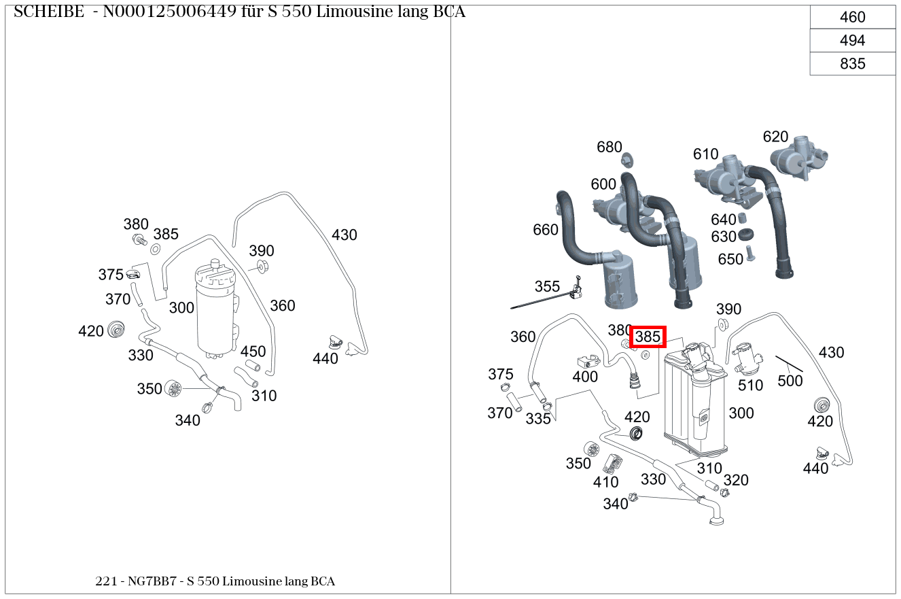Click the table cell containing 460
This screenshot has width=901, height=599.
click(x=852, y=18)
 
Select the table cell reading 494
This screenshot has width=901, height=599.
click(x=852, y=41)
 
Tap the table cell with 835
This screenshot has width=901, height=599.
click(x=852, y=64)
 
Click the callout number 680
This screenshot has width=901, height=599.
click(x=609, y=147)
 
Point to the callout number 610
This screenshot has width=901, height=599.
click(x=706, y=154)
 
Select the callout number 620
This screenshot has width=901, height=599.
click(x=775, y=137)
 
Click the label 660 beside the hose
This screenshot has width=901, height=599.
click(x=546, y=230)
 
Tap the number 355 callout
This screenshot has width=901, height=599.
click(x=547, y=286)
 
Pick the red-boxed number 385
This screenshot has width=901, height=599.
click(x=648, y=337)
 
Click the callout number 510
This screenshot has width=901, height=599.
click(x=751, y=385)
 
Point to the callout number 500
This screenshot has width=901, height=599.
click(x=790, y=381)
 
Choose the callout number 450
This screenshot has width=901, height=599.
click(x=253, y=352)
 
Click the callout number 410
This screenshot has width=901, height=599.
click(x=605, y=482)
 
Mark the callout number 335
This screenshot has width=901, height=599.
click(x=538, y=419)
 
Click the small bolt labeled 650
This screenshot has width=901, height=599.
click(x=751, y=254)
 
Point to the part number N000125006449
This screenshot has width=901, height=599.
click(x=169, y=12)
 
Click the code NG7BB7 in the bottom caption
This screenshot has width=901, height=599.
click(x=149, y=581)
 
